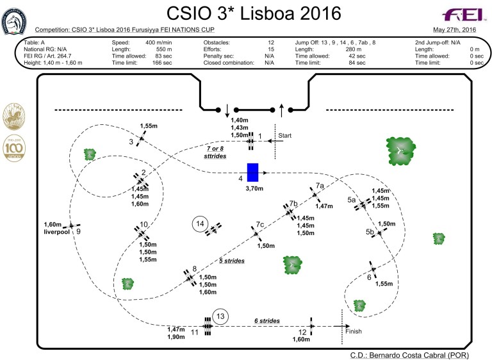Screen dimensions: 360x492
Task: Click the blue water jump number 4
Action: pos(252,172)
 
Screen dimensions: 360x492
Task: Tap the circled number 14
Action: pos(201,224)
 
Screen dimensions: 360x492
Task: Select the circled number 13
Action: pos(220,316)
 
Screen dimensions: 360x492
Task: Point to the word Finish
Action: pos(354,331)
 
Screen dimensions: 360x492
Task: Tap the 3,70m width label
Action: pos(256,190)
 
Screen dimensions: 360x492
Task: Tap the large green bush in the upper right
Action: pos(401,149)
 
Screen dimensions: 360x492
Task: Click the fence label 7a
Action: pos(320,186)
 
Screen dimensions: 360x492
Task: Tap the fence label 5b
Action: pos(370,231)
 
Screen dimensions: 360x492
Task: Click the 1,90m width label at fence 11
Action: pos(176,337)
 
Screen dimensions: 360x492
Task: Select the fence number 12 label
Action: pos(303,332)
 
